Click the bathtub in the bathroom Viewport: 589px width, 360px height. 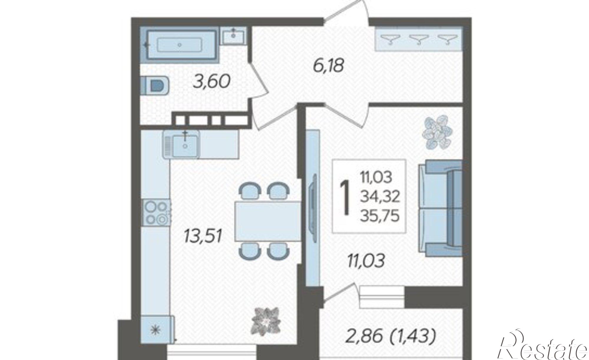[183, 45]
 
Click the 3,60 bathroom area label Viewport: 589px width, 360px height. [211, 82]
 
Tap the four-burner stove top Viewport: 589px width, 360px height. [156, 213]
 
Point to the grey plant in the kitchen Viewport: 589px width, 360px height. [266, 323]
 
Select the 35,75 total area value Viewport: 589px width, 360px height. [380, 216]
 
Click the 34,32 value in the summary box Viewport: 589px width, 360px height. [380, 197]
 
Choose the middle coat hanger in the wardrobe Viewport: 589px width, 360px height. [418, 39]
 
